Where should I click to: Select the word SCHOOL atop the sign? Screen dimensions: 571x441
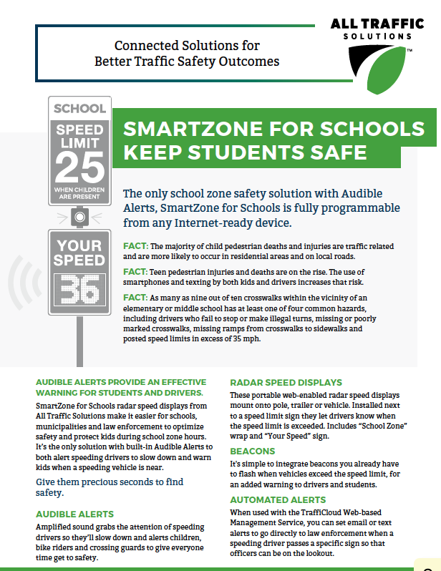click(x=79, y=109)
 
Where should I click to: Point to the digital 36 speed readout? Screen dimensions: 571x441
click(x=79, y=289)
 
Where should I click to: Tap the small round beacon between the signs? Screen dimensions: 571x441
click(x=79, y=215)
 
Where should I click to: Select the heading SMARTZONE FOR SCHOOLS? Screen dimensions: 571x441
click(x=273, y=129)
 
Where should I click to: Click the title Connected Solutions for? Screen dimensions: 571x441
click(x=187, y=46)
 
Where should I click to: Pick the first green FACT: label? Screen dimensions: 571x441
click(x=135, y=245)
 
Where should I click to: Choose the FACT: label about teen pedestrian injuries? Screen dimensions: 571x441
click(x=135, y=272)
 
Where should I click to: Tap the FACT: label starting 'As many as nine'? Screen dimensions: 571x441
click(x=135, y=298)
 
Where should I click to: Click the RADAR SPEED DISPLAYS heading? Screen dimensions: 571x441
click(x=286, y=382)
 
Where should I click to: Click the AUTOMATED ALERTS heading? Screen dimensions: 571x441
click(x=278, y=499)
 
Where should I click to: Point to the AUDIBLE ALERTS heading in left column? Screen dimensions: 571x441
click(x=74, y=514)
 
